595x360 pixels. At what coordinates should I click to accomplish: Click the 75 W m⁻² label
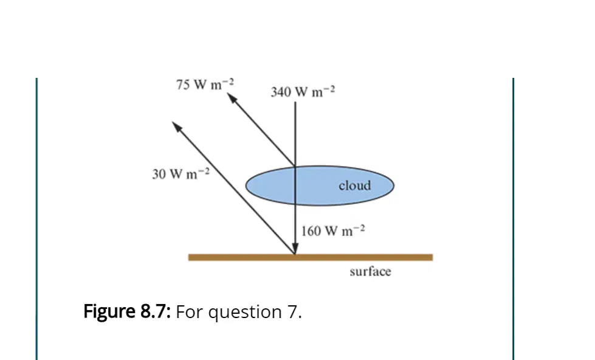(205, 85)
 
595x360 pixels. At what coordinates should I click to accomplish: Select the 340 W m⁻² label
(303, 91)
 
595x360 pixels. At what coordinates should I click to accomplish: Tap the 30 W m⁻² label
(181, 173)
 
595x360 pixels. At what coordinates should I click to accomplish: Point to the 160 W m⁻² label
(333, 230)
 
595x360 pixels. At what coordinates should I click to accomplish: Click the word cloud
(355, 185)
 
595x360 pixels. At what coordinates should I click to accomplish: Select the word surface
(370, 271)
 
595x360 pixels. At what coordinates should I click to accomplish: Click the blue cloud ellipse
(320, 185)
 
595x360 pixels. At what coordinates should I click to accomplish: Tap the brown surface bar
(311, 257)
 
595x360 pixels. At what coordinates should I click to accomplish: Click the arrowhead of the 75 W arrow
(232, 98)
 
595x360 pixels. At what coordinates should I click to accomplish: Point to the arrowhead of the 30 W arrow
(177, 127)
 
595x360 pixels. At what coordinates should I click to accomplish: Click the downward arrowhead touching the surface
(295, 249)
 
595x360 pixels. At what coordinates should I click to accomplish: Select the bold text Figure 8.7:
(127, 312)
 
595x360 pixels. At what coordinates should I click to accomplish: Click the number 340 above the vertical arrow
(280, 92)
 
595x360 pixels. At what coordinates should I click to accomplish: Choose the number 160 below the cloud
(311, 231)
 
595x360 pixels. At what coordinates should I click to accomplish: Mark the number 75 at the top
(182, 85)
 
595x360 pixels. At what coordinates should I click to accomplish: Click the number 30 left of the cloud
(159, 174)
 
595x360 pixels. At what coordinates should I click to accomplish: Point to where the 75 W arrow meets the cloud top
(295, 166)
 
